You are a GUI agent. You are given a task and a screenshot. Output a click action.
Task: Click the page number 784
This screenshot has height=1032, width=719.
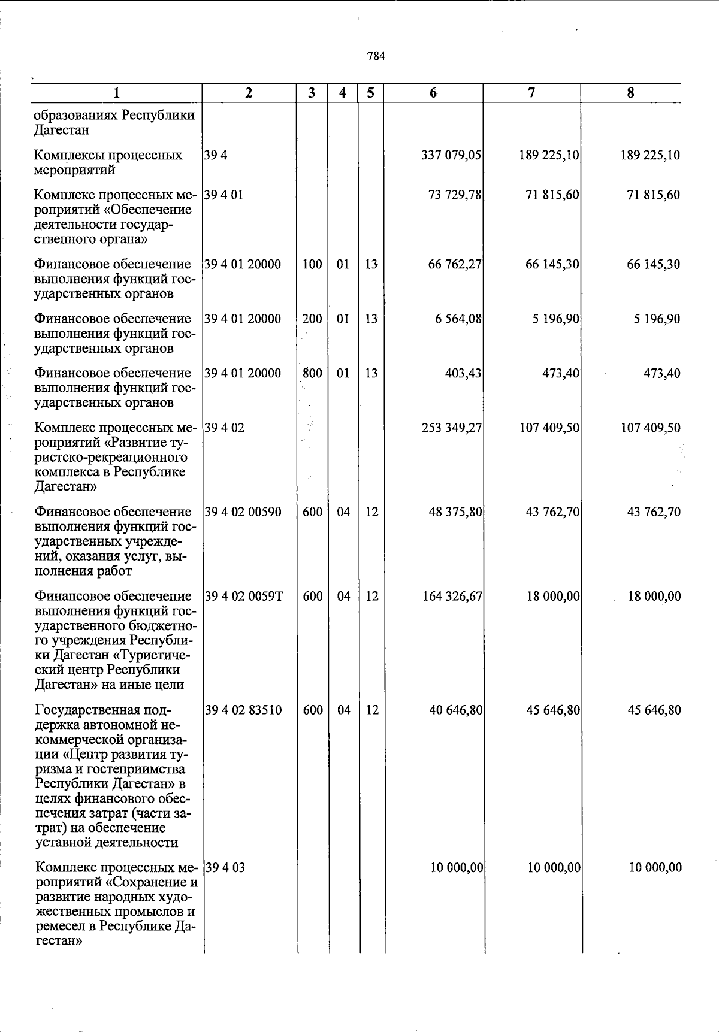[x=376, y=56]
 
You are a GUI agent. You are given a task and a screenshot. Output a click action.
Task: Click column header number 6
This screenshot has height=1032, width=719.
[x=433, y=93]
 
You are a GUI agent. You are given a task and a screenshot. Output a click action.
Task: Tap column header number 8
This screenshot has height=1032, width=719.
[x=630, y=93]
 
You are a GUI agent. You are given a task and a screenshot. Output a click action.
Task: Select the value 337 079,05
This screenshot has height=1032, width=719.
[x=452, y=155]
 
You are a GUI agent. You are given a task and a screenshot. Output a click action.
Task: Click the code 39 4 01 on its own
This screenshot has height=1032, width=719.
[x=224, y=195]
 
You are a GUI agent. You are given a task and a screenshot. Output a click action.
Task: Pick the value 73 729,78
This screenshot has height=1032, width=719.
[x=455, y=195]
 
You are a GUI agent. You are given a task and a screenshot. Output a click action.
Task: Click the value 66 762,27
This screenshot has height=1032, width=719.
[x=455, y=264]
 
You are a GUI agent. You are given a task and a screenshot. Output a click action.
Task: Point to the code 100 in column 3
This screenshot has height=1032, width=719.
[x=312, y=264]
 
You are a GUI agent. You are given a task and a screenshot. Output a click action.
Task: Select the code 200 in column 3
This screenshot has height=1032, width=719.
[x=312, y=319]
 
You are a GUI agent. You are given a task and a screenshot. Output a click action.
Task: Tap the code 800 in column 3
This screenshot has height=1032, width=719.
[x=312, y=373]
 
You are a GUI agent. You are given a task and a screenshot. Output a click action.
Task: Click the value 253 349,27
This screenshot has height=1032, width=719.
[x=452, y=428]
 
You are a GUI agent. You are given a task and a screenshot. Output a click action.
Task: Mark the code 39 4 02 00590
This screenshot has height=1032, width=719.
[x=243, y=512]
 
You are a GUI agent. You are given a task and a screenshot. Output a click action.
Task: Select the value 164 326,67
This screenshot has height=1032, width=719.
[x=452, y=597]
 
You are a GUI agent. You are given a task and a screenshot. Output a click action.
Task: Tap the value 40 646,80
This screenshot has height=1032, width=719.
[x=456, y=710]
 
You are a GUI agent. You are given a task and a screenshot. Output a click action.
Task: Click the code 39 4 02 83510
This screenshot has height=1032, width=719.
[x=243, y=710]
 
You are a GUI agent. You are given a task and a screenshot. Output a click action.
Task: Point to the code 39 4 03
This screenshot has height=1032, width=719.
[x=225, y=868]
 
